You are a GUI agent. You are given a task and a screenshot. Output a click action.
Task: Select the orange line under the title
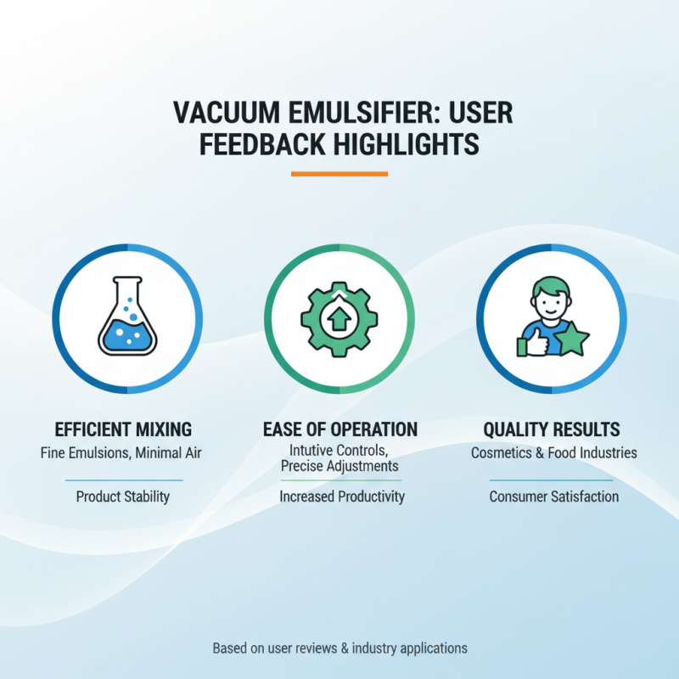tap(339, 174)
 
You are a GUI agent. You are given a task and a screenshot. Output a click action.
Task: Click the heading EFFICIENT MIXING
tap(123, 429)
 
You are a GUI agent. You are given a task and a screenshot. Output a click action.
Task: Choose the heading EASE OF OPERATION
tap(339, 429)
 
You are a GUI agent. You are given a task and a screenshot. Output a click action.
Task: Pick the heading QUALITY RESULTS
tap(552, 429)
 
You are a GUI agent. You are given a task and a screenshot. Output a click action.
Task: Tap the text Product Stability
tap(123, 497)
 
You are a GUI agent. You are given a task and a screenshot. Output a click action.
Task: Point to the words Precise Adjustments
tap(339, 466)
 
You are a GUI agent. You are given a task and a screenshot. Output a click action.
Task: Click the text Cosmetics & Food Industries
tap(553, 453)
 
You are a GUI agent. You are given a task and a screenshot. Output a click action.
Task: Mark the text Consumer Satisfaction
tap(554, 497)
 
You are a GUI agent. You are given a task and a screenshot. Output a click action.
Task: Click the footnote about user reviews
tap(339, 648)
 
